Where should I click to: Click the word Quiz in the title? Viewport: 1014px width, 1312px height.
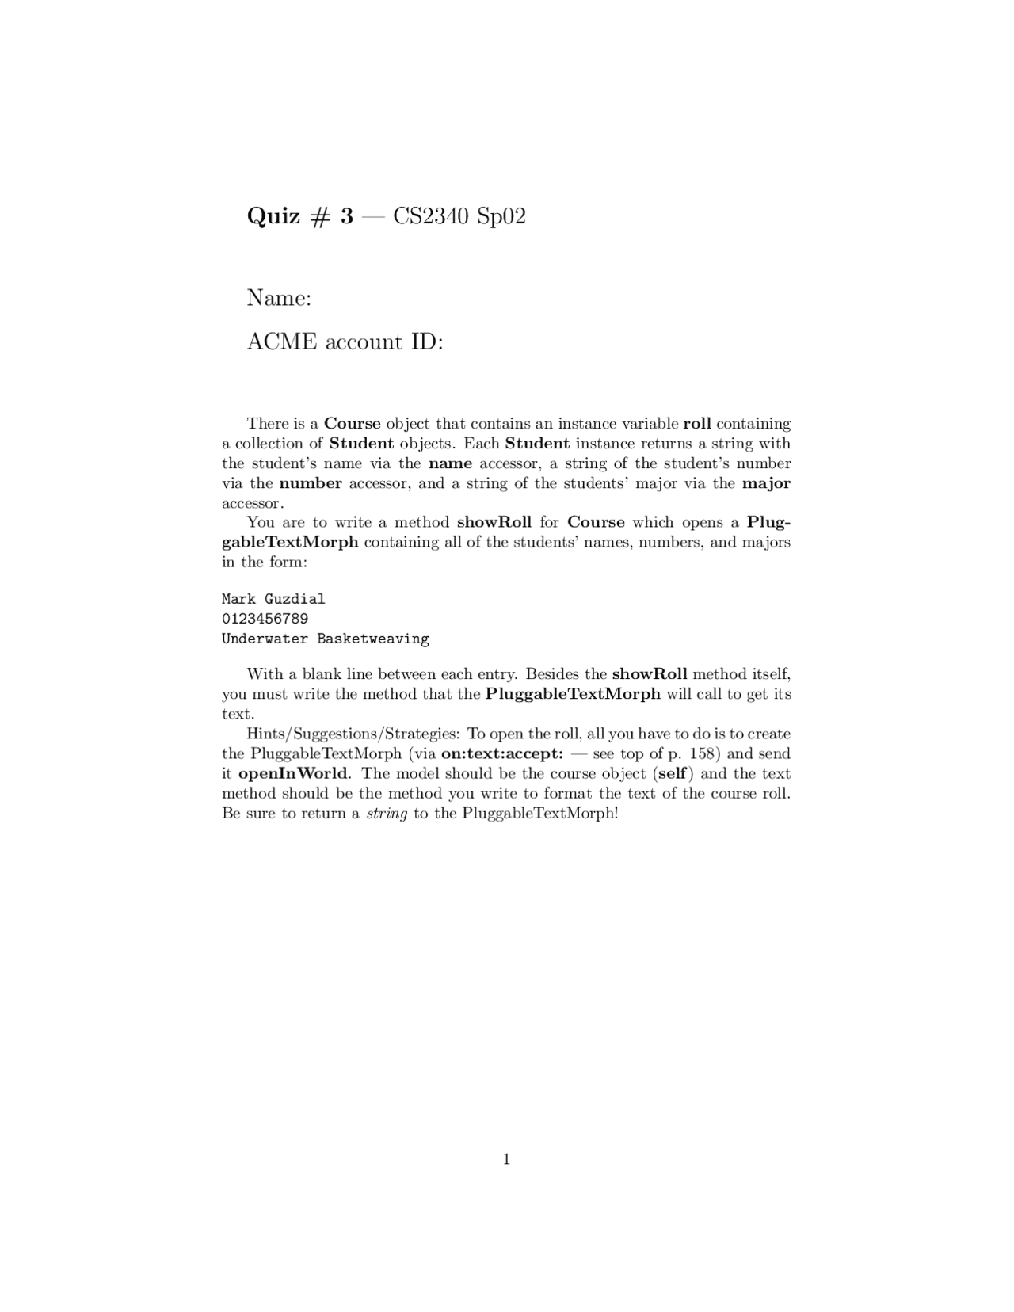click(x=273, y=216)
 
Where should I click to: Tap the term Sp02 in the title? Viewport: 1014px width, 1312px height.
click(x=501, y=216)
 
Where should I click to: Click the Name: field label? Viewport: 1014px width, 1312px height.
click(x=279, y=298)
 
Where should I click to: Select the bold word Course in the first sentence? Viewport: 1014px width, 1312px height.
click(x=353, y=423)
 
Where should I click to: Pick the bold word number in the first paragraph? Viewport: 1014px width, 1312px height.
click(x=311, y=483)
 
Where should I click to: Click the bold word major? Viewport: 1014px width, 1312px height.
click(x=766, y=483)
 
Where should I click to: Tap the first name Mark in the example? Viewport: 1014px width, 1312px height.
click(x=238, y=599)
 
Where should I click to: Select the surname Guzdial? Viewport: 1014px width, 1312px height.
click(x=295, y=599)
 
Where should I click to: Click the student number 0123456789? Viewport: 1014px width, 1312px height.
click(x=265, y=619)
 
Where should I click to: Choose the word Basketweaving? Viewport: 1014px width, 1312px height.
click(x=373, y=639)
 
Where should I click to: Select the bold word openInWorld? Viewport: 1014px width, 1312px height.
click(x=292, y=773)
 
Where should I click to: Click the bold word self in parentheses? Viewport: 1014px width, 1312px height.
click(x=672, y=773)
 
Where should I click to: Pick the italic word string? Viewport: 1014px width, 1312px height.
click(x=387, y=814)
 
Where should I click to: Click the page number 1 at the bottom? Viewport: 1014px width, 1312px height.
click(x=506, y=1160)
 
